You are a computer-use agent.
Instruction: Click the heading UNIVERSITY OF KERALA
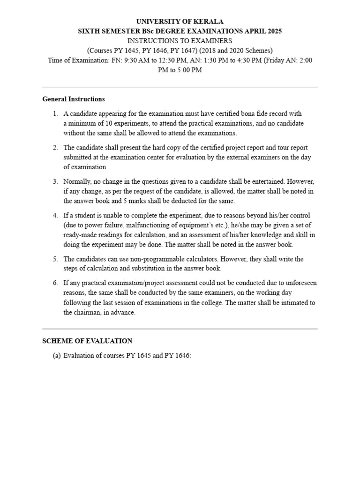point(180,22)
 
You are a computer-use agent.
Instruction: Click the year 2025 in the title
point(274,31)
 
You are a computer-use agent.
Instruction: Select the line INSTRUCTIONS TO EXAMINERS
point(180,41)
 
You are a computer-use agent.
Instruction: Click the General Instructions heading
point(74,99)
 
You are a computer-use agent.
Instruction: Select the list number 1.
point(55,114)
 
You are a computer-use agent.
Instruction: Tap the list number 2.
point(55,148)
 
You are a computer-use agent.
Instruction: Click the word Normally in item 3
point(78,181)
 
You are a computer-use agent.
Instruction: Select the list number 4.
point(55,216)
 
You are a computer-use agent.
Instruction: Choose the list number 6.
point(55,283)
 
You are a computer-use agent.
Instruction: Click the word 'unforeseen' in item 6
point(299,283)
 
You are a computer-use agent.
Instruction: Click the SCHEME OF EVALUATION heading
point(87,341)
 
